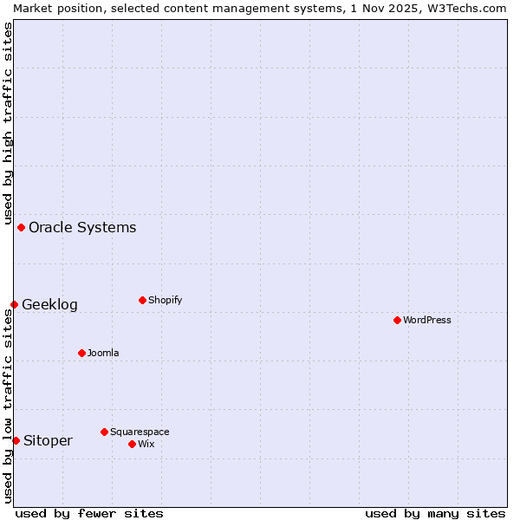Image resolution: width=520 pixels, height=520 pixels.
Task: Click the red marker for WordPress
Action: click(x=397, y=320)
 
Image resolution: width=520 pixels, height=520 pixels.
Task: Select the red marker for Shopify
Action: click(x=142, y=300)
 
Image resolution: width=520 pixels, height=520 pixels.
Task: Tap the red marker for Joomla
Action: click(x=81, y=353)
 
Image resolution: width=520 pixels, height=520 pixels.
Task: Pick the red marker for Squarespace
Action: click(x=104, y=432)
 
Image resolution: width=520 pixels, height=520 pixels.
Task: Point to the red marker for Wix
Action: click(x=132, y=444)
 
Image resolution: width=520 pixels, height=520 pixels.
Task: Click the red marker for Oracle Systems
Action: click(x=21, y=227)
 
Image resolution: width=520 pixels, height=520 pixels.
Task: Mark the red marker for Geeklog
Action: click(x=14, y=304)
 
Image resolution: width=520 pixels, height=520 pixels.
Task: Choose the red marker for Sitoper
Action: click(x=16, y=440)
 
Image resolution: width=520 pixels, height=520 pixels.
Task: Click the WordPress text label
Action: click(x=427, y=320)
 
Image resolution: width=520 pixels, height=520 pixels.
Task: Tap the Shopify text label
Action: click(x=166, y=300)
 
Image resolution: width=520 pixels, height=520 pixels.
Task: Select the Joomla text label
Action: click(x=103, y=353)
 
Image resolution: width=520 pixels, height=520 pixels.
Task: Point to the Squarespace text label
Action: click(x=140, y=432)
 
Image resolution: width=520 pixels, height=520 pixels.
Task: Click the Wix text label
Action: click(x=146, y=444)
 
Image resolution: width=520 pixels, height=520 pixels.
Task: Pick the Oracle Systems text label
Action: click(x=82, y=227)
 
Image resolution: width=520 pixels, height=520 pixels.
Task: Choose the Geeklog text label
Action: click(x=49, y=304)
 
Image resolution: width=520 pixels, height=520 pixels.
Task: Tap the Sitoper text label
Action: click(x=48, y=440)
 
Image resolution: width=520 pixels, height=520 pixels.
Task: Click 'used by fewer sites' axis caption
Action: click(x=89, y=513)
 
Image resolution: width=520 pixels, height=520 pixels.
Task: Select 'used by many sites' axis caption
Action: click(x=435, y=513)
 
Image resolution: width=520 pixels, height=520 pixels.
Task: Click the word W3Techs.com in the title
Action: click(x=465, y=8)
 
